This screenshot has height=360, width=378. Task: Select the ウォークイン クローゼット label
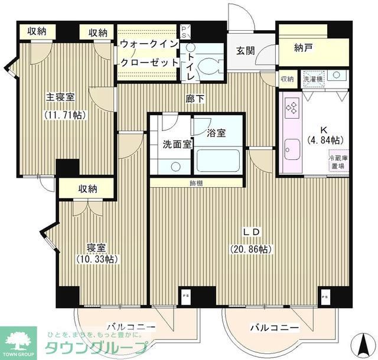click(149, 53)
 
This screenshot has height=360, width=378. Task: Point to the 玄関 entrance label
click(246, 51)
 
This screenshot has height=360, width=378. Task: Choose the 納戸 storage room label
click(303, 48)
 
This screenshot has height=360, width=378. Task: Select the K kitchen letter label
click(324, 130)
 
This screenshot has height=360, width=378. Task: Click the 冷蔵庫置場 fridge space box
click(338, 162)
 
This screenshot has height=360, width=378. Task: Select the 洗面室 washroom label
click(177, 145)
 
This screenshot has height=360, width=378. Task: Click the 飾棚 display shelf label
click(196, 183)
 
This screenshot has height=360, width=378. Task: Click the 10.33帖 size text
click(97, 259)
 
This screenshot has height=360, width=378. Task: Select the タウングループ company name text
click(93, 348)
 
